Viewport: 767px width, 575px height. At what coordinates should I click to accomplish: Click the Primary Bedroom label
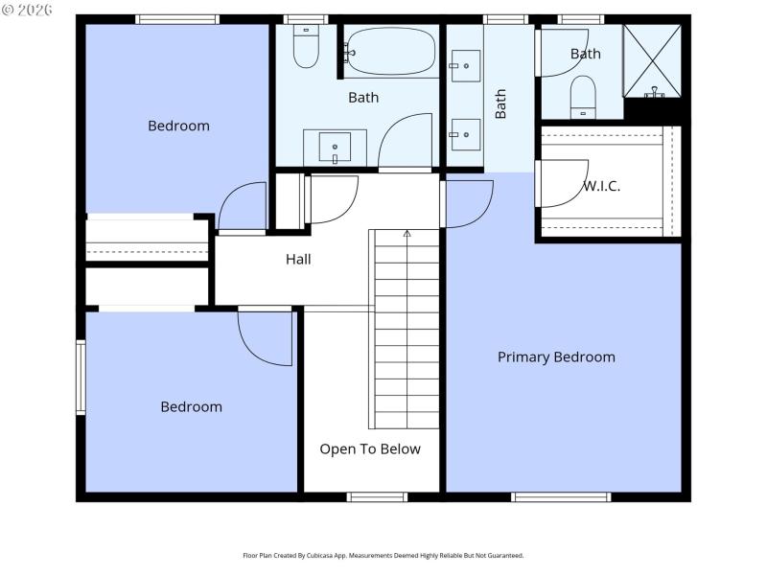click(556, 357)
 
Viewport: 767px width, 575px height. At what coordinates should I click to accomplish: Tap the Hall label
click(298, 259)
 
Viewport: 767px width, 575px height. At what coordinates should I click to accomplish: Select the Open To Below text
click(370, 448)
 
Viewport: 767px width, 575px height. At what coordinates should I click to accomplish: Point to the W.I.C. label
click(601, 187)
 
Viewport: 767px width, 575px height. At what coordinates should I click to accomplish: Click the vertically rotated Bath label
click(500, 103)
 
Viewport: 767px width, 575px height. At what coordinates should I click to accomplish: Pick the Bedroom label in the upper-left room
click(178, 126)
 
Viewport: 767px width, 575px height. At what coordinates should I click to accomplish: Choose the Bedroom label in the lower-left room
click(191, 406)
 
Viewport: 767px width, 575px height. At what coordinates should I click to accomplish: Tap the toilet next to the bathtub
click(306, 49)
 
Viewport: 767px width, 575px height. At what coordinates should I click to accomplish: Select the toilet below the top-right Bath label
click(583, 97)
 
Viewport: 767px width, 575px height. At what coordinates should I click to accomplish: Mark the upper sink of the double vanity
click(465, 66)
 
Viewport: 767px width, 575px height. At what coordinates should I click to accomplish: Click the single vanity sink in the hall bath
click(335, 149)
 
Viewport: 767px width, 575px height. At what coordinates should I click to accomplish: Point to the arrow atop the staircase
click(407, 233)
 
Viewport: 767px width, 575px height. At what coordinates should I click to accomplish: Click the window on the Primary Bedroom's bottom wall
click(561, 496)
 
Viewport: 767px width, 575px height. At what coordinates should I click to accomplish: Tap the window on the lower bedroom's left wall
click(81, 378)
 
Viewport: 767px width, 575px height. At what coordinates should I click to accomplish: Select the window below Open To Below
click(377, 496)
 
